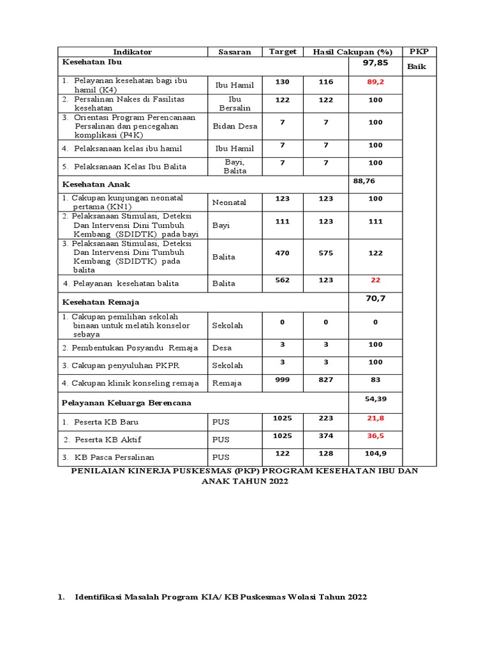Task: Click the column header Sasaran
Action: click(x=235, y=52)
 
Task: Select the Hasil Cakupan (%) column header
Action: click(x=348, y=52)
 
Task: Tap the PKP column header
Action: click(x=419, y=51)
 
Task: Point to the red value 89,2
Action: click(x=375, y=82)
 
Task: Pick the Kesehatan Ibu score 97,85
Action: click(x=375, y=63)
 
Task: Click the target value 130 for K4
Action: click(x=282, y=82)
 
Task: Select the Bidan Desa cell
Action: click(x=235, y=126)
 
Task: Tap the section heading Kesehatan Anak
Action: click(x=96, y=184)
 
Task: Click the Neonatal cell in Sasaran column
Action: click(x=229, y=202)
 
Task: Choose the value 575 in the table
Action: click(x=325, y=253)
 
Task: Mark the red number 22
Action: click(x=375, y=280)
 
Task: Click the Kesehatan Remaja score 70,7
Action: click(x=375, y=298)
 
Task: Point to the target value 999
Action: click(x=282, y=379)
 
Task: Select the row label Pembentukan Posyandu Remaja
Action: click(x=130, y=348)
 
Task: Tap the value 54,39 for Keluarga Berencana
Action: click(x=375, y=398)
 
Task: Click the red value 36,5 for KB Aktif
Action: click(x=375, y=436)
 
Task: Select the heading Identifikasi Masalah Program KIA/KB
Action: click(x=221, y=597)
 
